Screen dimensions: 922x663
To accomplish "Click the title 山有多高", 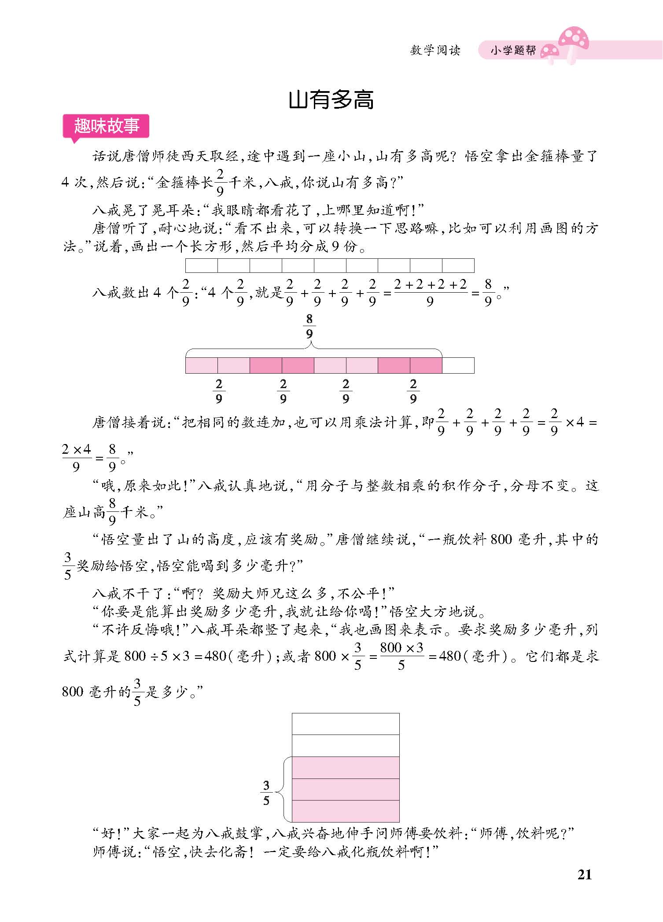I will point(331,100).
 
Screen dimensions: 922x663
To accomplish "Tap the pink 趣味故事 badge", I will point(106,126).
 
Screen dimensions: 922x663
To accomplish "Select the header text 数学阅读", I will point(435,51).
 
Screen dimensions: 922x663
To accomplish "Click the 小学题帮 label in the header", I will point(513,51).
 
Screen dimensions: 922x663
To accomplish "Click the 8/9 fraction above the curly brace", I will point(309,327).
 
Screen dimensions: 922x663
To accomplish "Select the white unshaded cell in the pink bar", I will point(458,365).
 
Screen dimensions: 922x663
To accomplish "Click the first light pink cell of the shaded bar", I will point(202,365).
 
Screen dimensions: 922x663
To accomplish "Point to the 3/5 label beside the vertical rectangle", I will point(266,793).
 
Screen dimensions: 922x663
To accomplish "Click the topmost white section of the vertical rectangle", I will point(346,724).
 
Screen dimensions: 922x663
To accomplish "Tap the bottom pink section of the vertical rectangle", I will point(346,811).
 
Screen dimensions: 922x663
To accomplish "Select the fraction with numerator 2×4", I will point(77,457).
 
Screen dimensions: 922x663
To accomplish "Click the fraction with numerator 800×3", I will point(401,656).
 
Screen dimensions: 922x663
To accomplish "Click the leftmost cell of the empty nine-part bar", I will point(202,265).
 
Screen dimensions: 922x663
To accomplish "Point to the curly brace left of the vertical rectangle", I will point(286,789).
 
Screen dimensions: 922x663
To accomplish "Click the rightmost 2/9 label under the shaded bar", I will point(413,391).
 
